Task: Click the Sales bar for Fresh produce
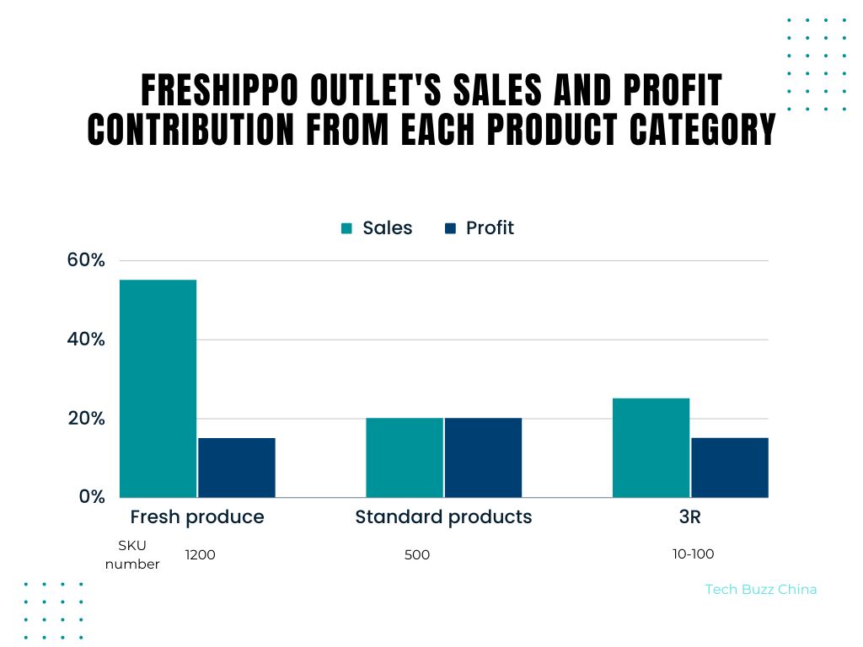click(x=158, y=388)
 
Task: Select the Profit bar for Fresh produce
click(x=237, y=468)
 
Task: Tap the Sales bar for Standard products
click(x=405, y=457)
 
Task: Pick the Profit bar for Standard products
click(x=484, y=457)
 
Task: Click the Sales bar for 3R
click(x=651, y=447)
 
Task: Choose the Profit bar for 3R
click(x=730, y=468)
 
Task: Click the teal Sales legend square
click(x=346, y=228)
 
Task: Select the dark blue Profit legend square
click(x=450, y=228)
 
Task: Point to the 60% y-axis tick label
click(x=86, y=260)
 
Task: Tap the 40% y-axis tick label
click(x=86, y=340)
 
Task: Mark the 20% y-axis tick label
click(x=86, y=419)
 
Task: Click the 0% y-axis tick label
click(x=91, y=497)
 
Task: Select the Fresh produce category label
click(x=197, y=516)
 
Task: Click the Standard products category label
click(x=443, y=516)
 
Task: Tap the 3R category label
click(x=689, y=516)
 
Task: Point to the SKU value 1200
click(x=201, y=554)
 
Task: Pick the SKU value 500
click(x=417, y=554)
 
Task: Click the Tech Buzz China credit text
click(x=760, y=590)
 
